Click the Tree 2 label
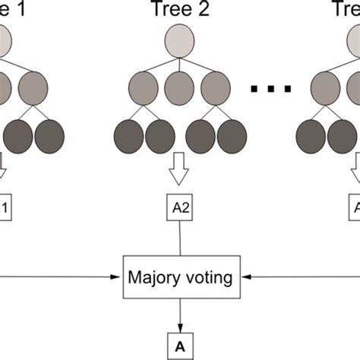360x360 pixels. (x=179, y=9)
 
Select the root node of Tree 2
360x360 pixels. (x=180, y=42)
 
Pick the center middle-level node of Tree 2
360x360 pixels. (x=180, y=87)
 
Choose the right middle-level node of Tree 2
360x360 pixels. (x=216, y=87)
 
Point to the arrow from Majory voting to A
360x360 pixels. (x=180, y=313)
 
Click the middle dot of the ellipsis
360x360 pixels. (x=270, y=90)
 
